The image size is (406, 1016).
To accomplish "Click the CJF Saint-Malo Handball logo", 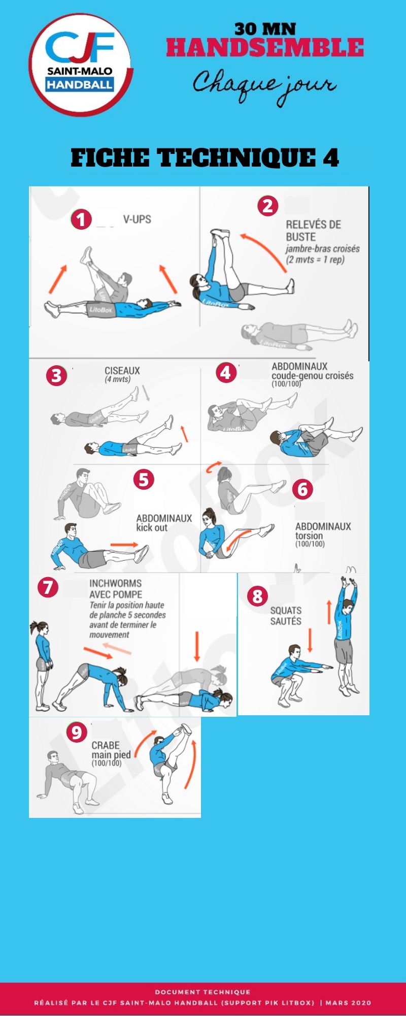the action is pos(81,65).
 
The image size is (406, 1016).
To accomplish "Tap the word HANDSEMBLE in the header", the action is pos(265,48).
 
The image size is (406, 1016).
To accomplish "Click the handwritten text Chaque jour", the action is pos(264,86).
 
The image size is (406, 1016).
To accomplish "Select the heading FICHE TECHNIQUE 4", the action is pos(205,157).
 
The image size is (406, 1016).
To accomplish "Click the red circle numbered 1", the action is pos(81,219).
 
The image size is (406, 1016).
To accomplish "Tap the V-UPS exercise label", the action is pos(137,219).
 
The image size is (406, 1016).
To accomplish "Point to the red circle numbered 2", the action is pos(268,206).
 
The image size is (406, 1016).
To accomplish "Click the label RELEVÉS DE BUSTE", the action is pos(313,231).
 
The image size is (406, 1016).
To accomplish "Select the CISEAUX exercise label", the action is pos(122,371).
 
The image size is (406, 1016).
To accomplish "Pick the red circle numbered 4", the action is pos(226,372).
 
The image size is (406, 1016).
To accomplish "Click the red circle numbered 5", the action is pos(144,479).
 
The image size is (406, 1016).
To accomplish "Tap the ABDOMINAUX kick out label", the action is pos(164,523).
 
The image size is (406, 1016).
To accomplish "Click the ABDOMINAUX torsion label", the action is pos(323,531).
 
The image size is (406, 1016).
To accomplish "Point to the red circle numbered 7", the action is pos(48,587).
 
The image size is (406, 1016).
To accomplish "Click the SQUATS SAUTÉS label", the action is pos(286,616).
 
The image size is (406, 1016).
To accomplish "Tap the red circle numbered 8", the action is pos(257,595).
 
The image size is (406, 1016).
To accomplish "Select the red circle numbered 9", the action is pos(77,732).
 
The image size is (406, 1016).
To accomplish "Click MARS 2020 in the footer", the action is pos(348,1003).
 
